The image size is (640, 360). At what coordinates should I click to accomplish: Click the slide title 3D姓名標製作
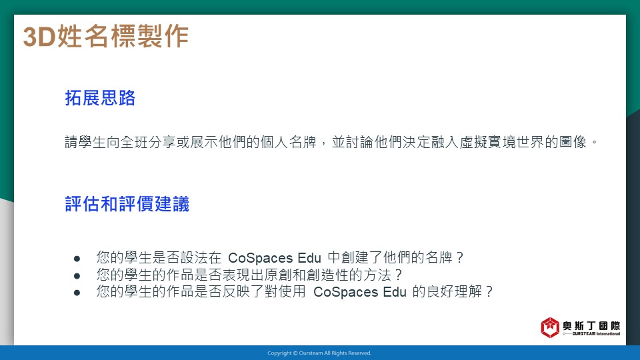pos(106,36)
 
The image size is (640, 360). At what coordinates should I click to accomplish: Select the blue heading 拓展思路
pos(100,98)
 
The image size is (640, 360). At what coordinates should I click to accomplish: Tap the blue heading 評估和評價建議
pos(127,204)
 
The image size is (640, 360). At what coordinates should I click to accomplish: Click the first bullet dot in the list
pos(77,259)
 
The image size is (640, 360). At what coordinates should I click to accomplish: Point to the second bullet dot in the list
pos(77,276)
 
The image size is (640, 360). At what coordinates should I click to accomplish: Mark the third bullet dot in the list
pos(77,293)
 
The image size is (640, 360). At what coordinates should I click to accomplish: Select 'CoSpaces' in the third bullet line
pos(346,292)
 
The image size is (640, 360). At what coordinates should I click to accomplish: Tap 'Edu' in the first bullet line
pos(309,258)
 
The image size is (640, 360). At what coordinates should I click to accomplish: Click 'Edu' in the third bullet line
pos(395,292)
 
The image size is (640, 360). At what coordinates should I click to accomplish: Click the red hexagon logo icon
pos(550,327)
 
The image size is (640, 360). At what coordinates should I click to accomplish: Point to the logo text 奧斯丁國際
pos(591,325)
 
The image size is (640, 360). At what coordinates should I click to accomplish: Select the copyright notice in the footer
pos(319,353)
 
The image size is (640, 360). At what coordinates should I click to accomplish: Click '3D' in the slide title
pos(39,36)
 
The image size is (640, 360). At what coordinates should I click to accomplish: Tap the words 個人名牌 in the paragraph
pos(289,142)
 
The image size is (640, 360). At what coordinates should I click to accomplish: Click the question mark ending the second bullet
pos(399,275)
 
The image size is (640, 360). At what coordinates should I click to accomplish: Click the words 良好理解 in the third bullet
pos(454,291)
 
